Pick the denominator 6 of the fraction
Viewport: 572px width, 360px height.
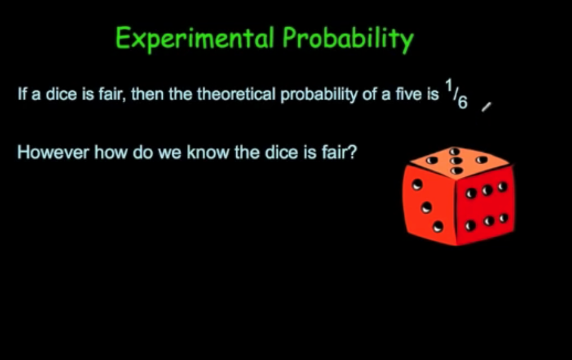click(462, 102)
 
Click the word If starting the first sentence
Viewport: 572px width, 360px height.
click(21, 95)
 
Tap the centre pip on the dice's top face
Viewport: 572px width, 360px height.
click(456, 161)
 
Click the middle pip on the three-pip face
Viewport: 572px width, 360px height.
click(426, 207)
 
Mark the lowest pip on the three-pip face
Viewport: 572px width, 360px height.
click(437, 225)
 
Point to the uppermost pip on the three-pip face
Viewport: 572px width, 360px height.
click(417, 185)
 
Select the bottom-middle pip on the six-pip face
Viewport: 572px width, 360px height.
click(487, 222)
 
